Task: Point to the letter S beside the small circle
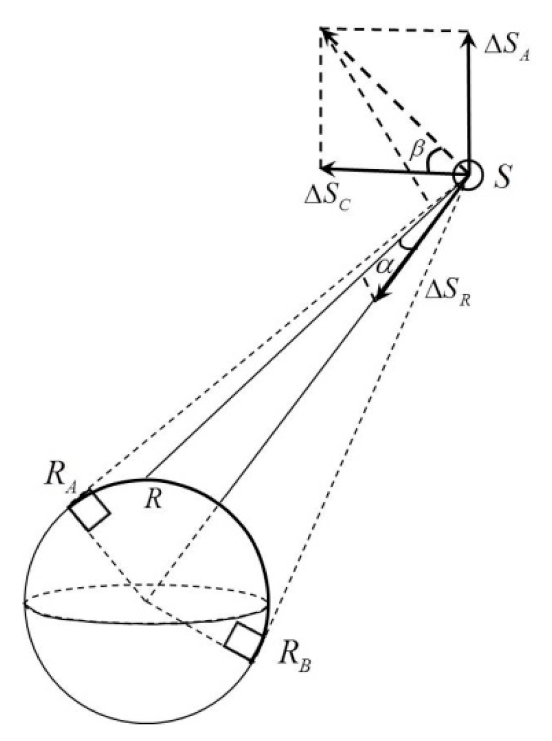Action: tap(502, 176)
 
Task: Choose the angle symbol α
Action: tap(384, 266)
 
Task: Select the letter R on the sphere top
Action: tap(154, 499)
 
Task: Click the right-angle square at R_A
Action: tap(90, 510)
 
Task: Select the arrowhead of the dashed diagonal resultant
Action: tap(326, 34)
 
